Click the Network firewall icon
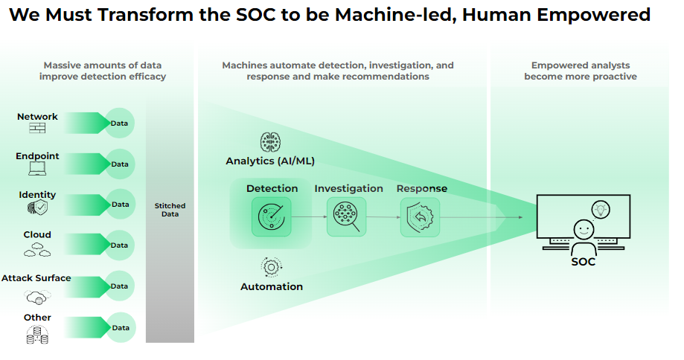37,128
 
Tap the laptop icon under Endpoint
37,168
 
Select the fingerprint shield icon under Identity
37,208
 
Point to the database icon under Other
37,337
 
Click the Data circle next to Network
119,123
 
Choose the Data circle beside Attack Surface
119,286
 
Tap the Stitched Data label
170,210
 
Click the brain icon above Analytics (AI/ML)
269,143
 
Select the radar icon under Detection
272,217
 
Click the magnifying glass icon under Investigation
346,217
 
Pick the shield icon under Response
420,217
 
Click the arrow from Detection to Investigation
309,217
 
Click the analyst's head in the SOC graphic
583,228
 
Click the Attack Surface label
36,278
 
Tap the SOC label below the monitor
583,262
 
